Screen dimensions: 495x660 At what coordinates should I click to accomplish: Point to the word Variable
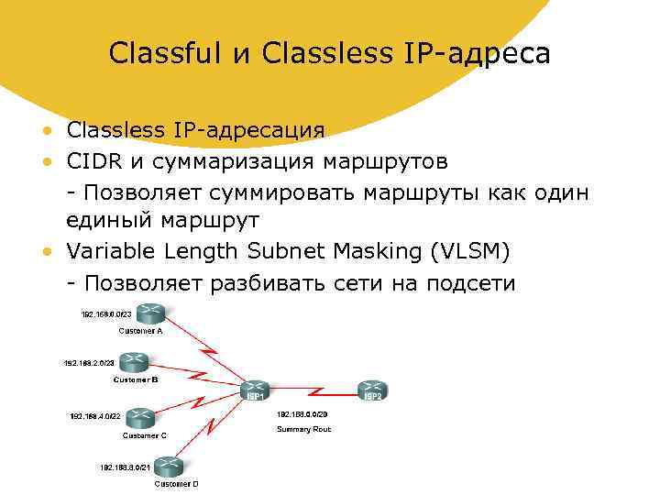[113, 251]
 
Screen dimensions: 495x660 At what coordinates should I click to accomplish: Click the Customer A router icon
[144, 313]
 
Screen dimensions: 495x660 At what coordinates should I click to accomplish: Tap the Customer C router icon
[142, 419]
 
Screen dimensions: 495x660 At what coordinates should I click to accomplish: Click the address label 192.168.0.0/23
[113, 313]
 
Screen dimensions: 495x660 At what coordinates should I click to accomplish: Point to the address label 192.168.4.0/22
[94, 415]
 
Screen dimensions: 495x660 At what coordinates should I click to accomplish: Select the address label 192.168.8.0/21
[126, 467]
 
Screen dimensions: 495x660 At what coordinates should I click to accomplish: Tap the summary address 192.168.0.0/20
[302, 414]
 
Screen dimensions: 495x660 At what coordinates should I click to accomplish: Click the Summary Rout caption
[303, 429]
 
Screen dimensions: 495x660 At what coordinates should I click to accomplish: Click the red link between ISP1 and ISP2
[316, 392]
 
